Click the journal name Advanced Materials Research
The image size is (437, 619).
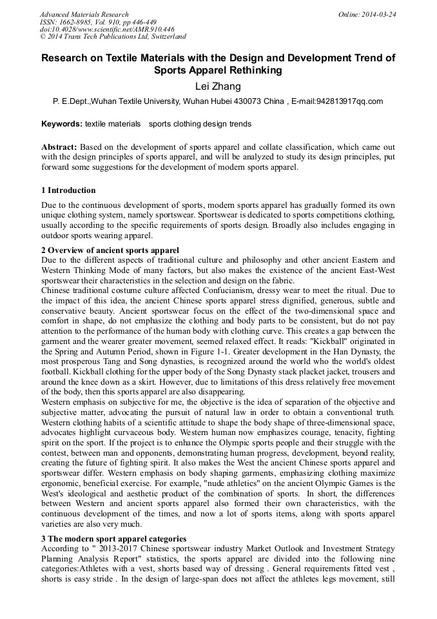84,14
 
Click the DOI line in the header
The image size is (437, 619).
107,30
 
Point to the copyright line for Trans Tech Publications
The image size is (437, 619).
113,37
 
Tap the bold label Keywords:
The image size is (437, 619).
61,124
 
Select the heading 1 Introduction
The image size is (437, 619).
68,190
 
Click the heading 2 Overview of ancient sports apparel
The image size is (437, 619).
110,250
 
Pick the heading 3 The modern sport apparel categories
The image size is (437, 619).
113,538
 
